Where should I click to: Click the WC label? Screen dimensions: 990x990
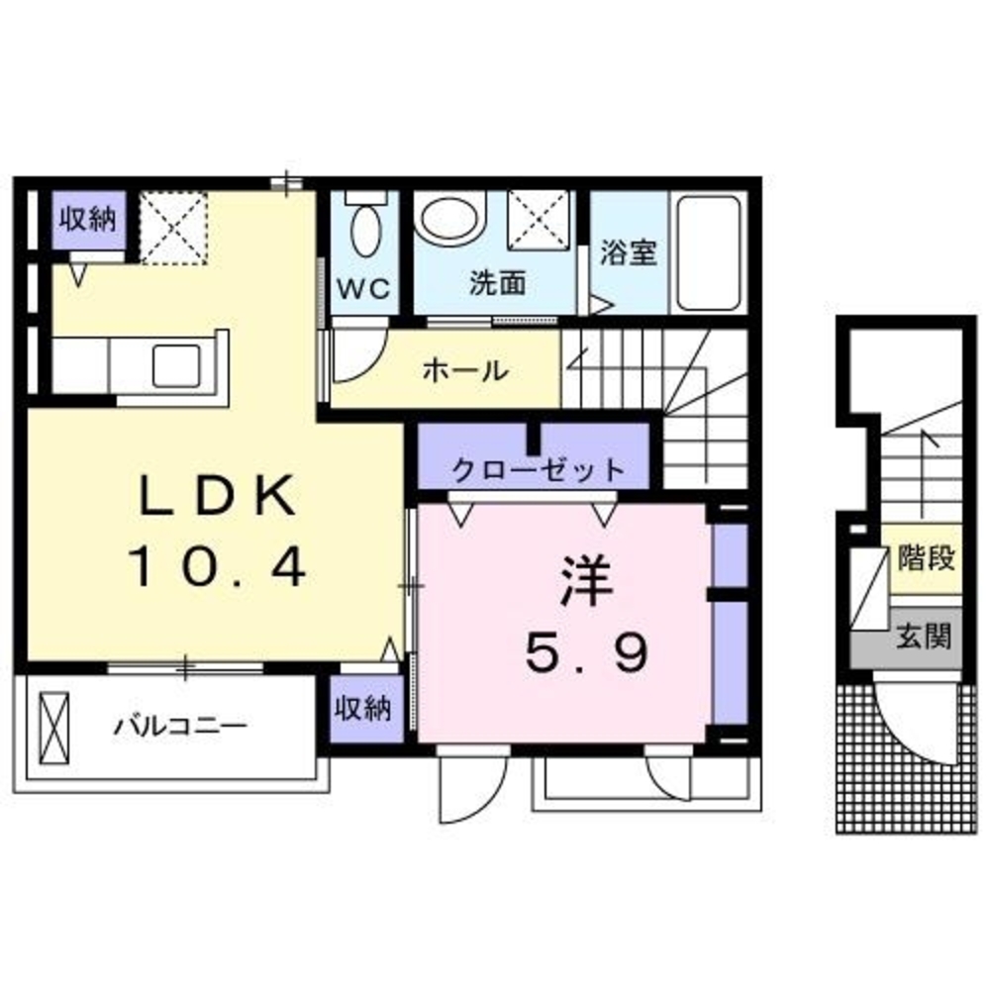[364, 289]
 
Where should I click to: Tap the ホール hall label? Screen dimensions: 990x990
[465, 371]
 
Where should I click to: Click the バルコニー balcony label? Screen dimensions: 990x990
[179, 727]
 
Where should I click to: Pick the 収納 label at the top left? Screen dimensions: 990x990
[89, 219]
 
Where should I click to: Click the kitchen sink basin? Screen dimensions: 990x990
[180, 363]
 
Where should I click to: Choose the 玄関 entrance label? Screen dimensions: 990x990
[925, 635]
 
